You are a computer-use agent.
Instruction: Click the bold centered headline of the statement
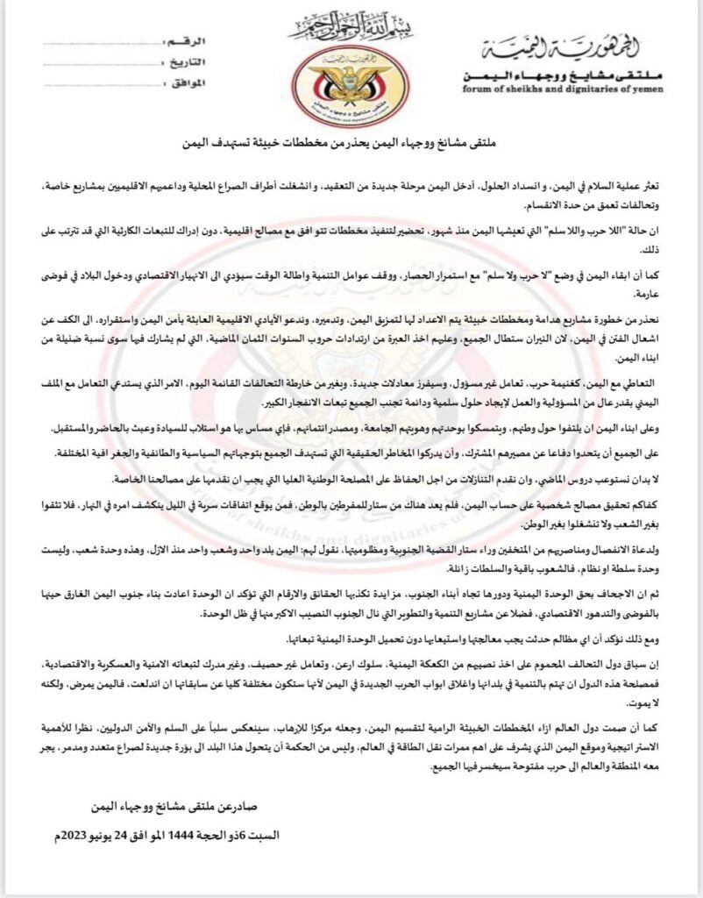click(x=351, y=141)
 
